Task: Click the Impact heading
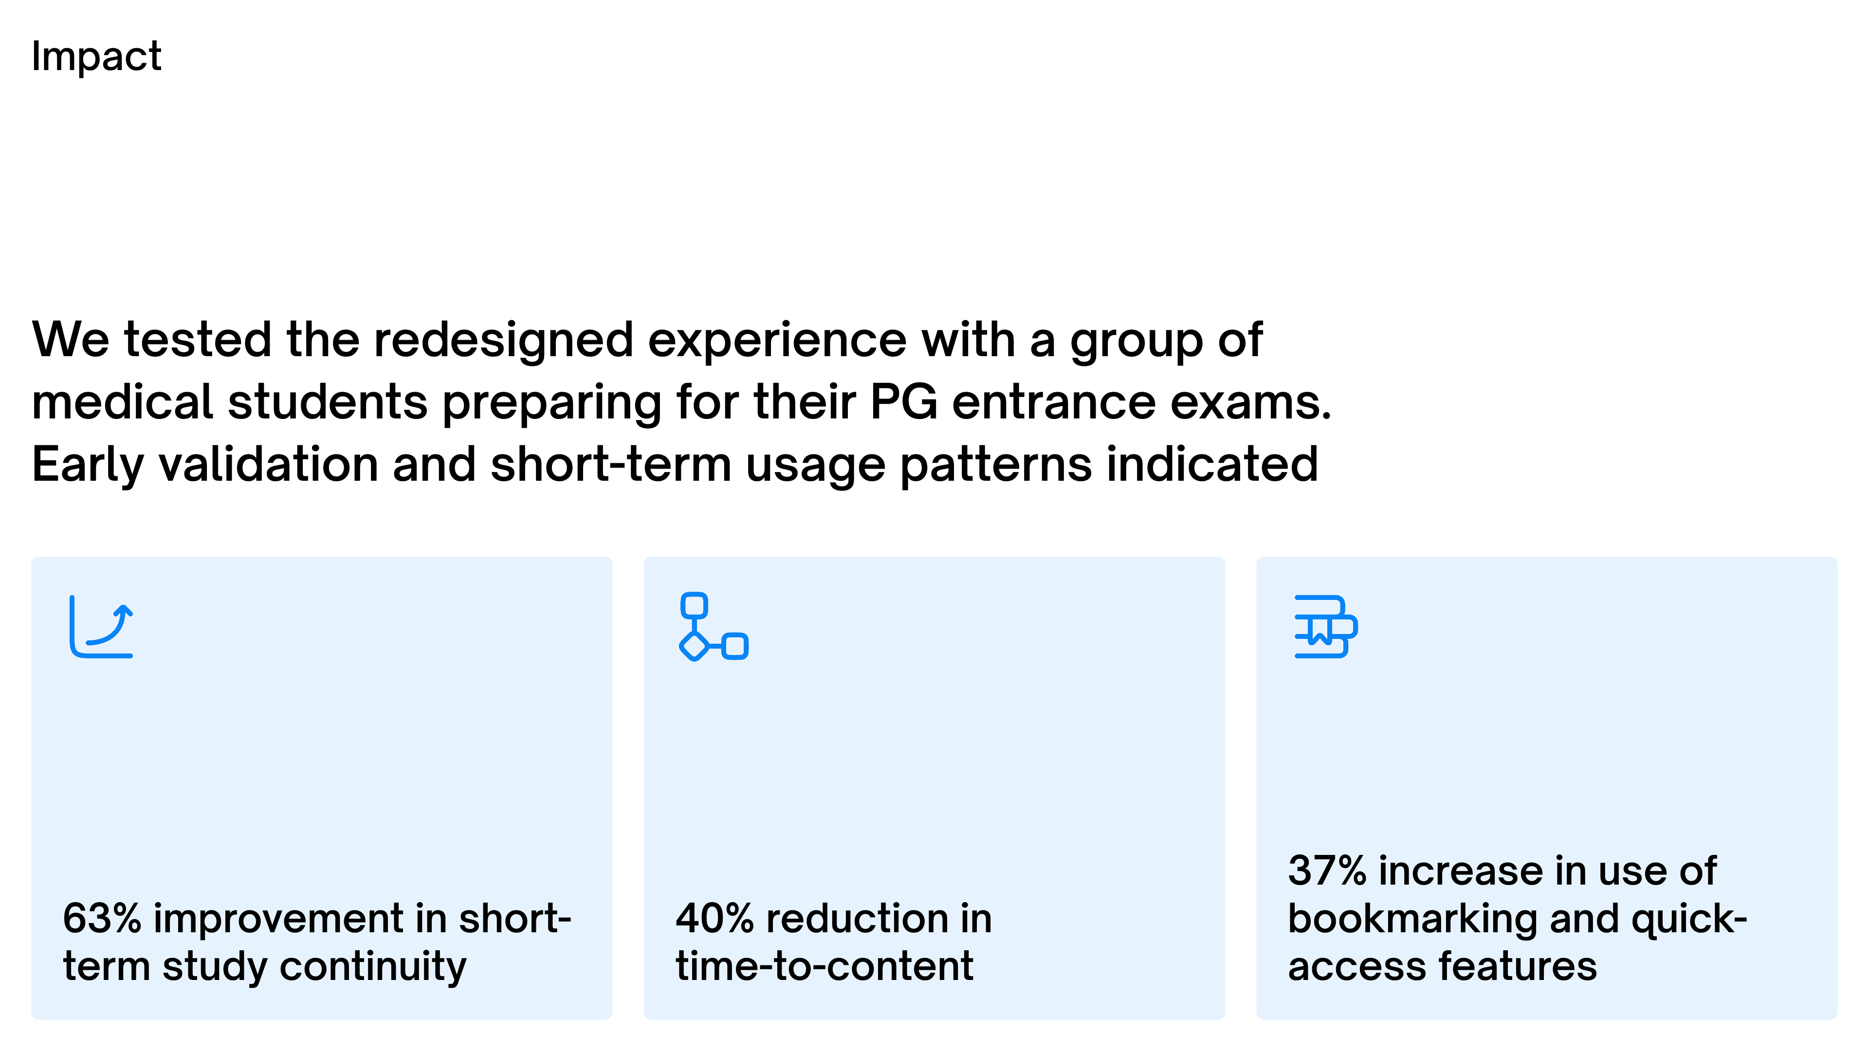pyautogui.click(x=96, y=56)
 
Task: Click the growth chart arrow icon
pyautogui.click(x=102, y=627)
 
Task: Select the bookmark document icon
pyautogui.click(x=1325, y=627)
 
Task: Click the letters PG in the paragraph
pyautogui.click(x=904, y=402)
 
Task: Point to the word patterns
pyautogui.click(x=995, y=466)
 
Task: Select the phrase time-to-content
pyautogui.click(x=824, y=966)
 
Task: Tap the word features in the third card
pyautogui.click(x=1518, y=966)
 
